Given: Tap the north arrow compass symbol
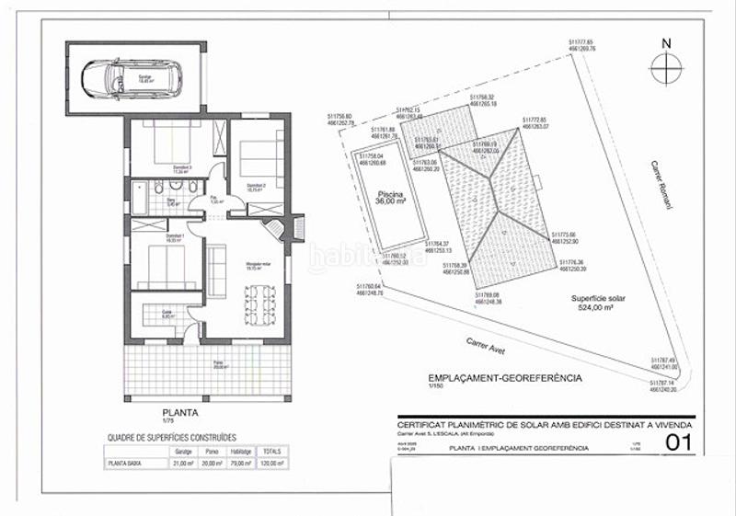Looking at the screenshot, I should pyautogui.click(x=665, y=66).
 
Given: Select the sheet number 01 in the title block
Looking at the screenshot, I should pyautogui.click(x=678, y=444).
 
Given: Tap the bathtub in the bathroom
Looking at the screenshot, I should pyautogui.click(x=139, y=194).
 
